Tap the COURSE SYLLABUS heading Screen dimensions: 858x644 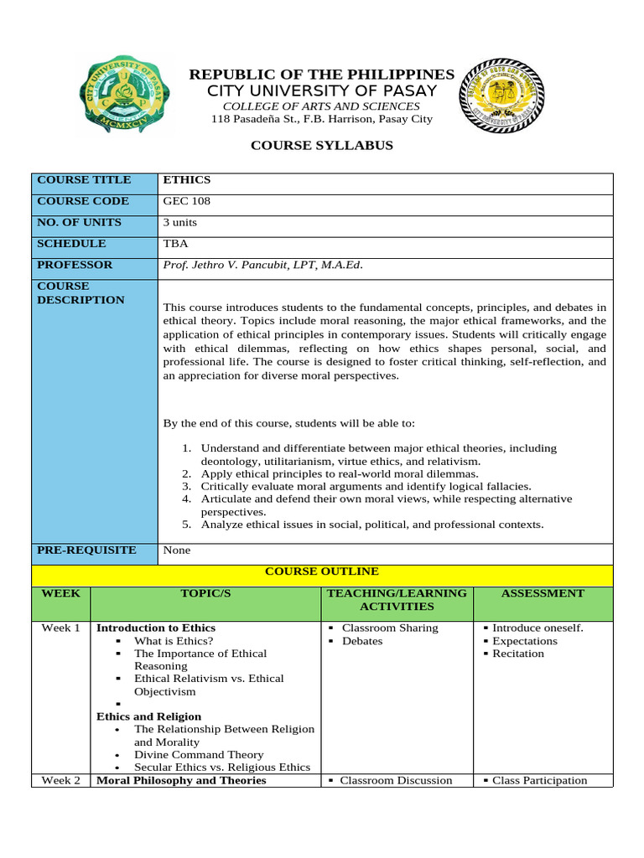tap(322, 146)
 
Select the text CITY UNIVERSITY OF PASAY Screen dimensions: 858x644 tap(322, 90)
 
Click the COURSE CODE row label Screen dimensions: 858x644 tap(82, 201)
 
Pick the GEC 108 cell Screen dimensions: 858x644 tap(186, 202)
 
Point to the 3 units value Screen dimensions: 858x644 tap(180, 223)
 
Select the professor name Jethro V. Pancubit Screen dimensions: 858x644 tap(263, 266)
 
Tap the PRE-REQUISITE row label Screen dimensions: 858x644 tap(86, 550)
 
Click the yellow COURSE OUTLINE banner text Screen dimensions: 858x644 tap(322, 571)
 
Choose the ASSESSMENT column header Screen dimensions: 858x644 tap(542, 593)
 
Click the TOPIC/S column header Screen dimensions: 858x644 tap(205, 593)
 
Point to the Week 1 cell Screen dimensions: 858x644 tap(60, 628)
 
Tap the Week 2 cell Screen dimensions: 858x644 tap(60, 780)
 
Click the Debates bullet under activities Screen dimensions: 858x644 tap(362, 641)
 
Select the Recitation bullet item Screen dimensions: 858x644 tap(517, 654)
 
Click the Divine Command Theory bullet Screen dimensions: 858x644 tap(199, 755)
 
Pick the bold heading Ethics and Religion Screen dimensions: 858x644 tap(148, 716)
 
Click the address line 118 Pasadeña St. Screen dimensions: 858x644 tap(322, 119)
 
